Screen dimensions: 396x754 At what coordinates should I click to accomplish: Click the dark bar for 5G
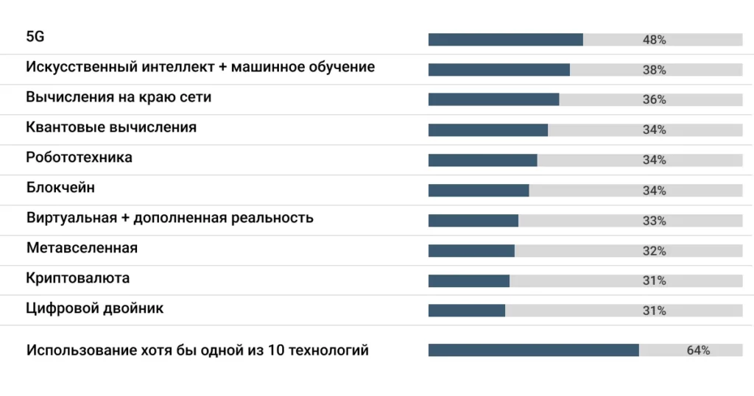click(x=505, y=40)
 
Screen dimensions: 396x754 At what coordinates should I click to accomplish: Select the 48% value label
click(x=654, y=40)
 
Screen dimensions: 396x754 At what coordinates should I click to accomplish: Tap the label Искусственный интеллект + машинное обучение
click(x=200, y=67)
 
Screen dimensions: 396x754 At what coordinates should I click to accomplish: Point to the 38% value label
click(x=654, y=70)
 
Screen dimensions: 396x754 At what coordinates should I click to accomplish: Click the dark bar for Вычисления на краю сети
click(x=493, y=99)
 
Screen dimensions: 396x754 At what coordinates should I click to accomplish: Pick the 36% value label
click(x=654, y=99)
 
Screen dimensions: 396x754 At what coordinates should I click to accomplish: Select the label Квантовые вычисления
click(x=111, y=127)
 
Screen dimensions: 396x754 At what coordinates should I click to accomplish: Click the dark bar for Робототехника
click(x=482, y=160)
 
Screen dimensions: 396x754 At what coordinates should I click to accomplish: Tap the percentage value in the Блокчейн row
click(x=654, y=191)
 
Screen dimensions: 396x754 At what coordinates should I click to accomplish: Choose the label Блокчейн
click(x=60, y=188)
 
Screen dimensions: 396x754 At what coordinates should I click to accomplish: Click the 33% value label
click(x=654, y=221)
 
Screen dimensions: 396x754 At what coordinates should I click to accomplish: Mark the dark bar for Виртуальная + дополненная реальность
click(x=473, y=220)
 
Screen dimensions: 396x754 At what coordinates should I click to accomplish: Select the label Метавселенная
click(x=82, y=248)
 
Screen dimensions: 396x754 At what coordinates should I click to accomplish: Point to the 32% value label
click(x=654, y=251)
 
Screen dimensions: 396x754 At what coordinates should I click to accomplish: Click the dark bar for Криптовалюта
click(x=468, y=280)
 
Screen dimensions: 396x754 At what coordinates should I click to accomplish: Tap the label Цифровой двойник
click(x=94, y=308)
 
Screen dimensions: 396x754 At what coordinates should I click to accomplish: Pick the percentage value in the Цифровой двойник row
click(x=654, y=311)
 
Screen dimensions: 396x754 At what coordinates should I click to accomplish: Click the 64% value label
click(x=698, y=350)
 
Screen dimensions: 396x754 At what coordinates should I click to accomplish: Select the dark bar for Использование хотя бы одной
click(x=533, y=350)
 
